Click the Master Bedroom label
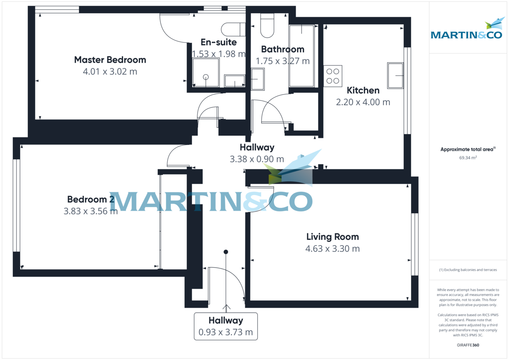110,60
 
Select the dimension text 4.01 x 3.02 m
110,72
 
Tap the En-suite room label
218,42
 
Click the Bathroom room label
282,49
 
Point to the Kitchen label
363,90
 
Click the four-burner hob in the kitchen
333,76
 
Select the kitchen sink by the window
395,75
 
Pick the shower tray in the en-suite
206,73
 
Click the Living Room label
333,237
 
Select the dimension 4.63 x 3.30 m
333,249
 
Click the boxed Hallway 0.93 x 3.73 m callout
226,326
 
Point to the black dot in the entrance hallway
226,252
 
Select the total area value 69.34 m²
468,157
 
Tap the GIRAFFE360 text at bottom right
468,345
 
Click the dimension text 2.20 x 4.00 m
363,102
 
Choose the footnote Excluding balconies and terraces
468,270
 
